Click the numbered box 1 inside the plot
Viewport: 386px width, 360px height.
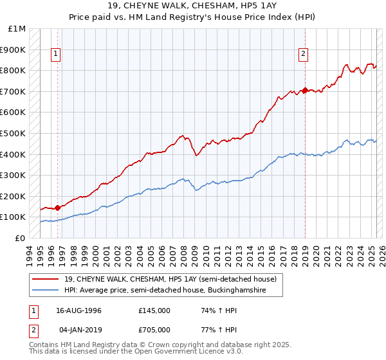click(57, 55)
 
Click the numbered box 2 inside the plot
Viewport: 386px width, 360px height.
click(302, 55)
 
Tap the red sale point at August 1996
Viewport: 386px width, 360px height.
click(58, 208)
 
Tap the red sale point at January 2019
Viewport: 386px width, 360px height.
click(305, 90)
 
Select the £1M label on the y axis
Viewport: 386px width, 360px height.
click(17, 29)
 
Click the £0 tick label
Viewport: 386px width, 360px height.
click(21, 238)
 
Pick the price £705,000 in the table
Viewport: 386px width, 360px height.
click(154, 330)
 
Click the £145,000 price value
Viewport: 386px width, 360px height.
click(154, 310)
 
